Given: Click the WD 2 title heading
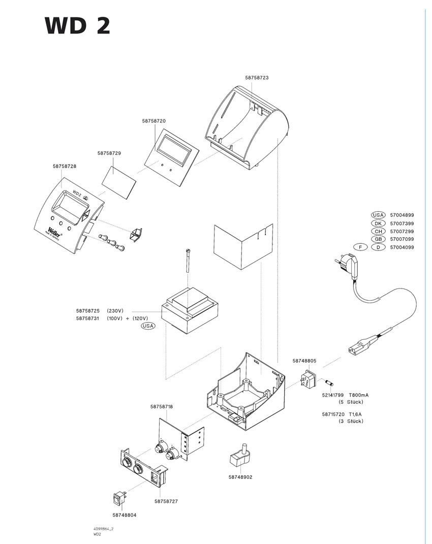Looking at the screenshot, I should (77, 26).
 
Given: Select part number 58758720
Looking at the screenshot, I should (154, 121).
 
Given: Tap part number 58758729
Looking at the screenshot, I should (109, 152).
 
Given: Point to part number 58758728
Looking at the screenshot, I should (65, 166).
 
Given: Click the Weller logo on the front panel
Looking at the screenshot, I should (54, 230).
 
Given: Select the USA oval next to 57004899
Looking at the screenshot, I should (378, 215).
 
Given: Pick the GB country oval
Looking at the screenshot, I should (378, 239).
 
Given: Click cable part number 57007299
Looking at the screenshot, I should (402, 231).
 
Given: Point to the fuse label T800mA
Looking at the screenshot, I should (359, 395).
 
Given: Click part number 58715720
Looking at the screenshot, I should (333, 414).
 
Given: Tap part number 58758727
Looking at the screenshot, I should (166, 501).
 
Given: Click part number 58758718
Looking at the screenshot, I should (162, 406).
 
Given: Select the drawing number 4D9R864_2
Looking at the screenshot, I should (103, 529).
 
